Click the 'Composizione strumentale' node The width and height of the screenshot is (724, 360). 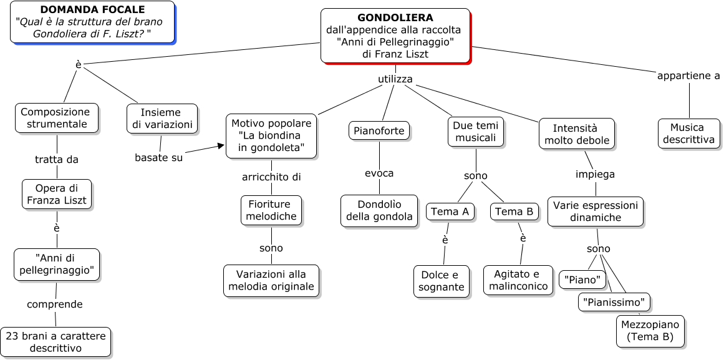(x=57, y=118)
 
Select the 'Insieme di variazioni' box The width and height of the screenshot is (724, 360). (x=162, y=119)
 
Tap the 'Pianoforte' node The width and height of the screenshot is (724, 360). (x=379, y=131)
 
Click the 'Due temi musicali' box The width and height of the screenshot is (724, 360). (x=476, y=132)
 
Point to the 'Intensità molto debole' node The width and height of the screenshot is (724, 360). (x=576, y=134)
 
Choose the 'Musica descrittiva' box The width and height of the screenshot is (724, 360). (x=688, y=134)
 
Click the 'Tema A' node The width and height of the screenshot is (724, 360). (x=450, y=212)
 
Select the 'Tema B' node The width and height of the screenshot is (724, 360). (x=514, y=212)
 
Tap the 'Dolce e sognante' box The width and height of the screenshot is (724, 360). (x=441, y=281)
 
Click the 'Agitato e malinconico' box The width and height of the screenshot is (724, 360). (x=518, y=280)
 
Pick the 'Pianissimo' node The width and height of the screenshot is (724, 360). (x=614, y=303)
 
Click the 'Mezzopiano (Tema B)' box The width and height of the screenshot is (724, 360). (x=650, y=331)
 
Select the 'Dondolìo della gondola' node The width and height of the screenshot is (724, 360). (x=379, y=210)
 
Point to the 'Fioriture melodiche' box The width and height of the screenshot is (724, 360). (x=271, y=210)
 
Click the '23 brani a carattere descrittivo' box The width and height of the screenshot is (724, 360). (x=56, y=341)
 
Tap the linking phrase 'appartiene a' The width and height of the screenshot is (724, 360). (x=688, y=75)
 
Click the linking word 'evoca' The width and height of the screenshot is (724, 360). (x=379, y=173)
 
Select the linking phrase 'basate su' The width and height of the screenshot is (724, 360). (x=159, y=157)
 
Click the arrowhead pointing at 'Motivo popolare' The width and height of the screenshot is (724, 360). (x=220, y=147)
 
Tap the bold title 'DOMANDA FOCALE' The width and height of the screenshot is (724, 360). (x=92, y=10)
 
